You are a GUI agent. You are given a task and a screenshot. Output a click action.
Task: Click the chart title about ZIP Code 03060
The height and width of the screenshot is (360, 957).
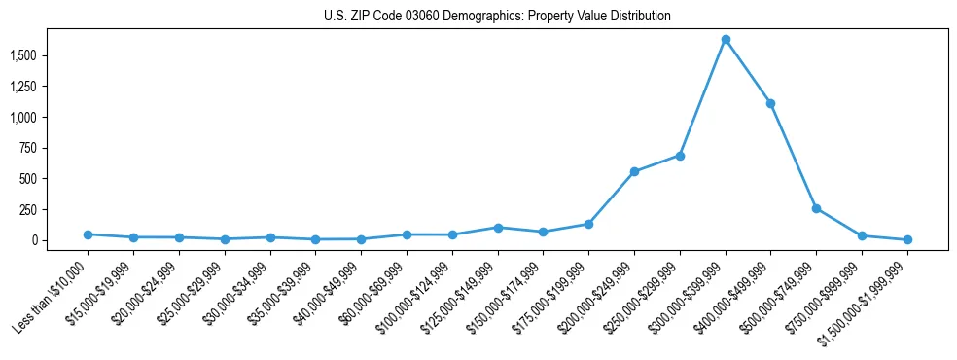pos(497,16)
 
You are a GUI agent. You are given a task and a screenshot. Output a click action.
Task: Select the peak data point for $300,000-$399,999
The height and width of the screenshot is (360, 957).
pos(726,40)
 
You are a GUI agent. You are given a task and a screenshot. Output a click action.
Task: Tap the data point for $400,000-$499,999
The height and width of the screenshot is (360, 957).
pos(770,103)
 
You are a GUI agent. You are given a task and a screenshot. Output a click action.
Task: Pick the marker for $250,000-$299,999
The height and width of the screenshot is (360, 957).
pos(680,156)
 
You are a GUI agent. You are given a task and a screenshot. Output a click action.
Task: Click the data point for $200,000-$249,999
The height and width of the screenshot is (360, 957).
pos(634,172)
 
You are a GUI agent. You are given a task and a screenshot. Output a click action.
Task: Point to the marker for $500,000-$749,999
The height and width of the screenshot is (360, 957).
pos(816,208)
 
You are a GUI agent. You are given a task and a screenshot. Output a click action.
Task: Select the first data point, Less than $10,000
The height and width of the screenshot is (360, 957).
pos(88,234)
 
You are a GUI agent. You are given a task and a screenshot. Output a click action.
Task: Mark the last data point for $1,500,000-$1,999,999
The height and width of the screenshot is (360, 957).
pos(907,239)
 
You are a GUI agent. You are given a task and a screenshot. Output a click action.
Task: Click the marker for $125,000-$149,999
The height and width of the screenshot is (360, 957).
pos(498,228)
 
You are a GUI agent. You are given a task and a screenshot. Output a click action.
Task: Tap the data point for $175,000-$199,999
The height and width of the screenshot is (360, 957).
pos(588,224)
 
